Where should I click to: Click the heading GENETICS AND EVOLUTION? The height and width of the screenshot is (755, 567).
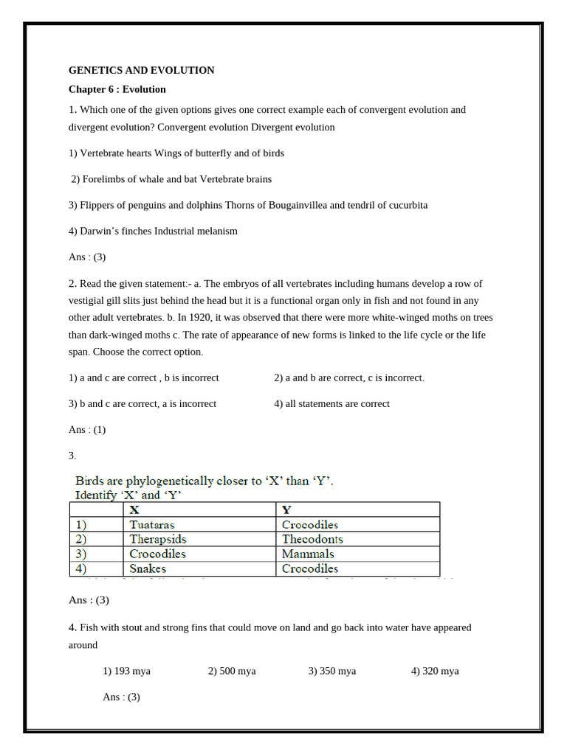(141, 71)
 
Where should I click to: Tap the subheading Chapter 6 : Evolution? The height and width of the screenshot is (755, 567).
(117, 89)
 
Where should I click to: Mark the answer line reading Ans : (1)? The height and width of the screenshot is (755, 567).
(87, 429)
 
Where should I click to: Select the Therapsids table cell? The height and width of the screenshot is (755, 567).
(158, 539)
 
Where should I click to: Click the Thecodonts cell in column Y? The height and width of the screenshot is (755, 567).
(312, 539)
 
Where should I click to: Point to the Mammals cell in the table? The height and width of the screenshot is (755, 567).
(308, 554)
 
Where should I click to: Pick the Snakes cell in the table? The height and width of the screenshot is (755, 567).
(148, 568)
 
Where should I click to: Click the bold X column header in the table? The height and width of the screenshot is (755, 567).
(134, 509)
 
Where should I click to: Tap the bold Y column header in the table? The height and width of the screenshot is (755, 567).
(286, 509)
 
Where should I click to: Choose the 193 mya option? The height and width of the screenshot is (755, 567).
(126, 671)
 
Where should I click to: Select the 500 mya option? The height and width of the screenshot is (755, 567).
(232, 671)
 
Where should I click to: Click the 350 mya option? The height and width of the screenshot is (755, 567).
(332, 671)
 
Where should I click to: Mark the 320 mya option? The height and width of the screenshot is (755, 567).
(435, 671)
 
